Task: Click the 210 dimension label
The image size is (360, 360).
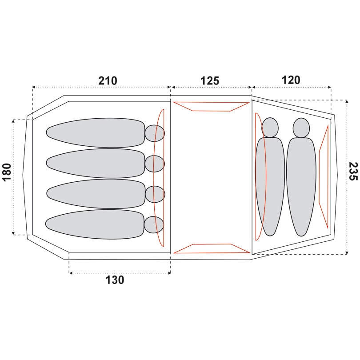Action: pyautogui.click(x=108, y=81)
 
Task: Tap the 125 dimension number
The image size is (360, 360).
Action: pyautogui.click(x=210, y=81)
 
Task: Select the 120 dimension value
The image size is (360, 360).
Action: pyautogui.click(x=291, y=80)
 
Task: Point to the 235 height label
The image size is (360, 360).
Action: pyautogui.click(x=353, y=171)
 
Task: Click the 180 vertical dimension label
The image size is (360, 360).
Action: pyautogui.click(x=7, y=172)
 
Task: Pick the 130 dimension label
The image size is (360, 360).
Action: pyautogui.click(x=115, y=280)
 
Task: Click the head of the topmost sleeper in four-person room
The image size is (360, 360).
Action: pyautogui.click(x=155, y=133)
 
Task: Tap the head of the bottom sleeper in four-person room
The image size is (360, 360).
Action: pyautogui.click(x=154, y=225)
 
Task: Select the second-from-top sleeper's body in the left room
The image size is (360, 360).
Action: pyautogui.click(x=96, y=163)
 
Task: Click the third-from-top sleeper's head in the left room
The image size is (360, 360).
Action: pyautogui.click(x=155, y=194)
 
